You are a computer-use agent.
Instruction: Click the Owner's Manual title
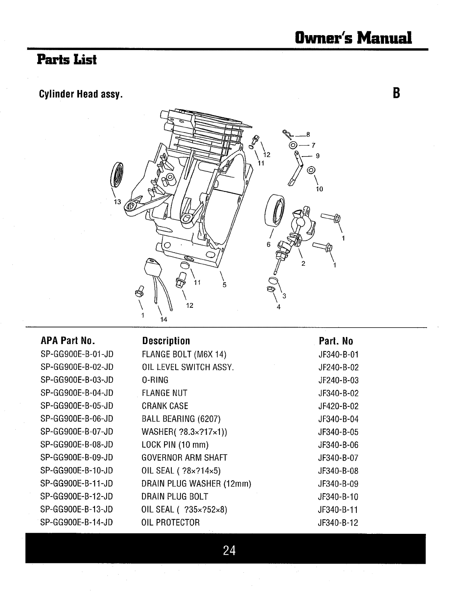click(x=353, y=37)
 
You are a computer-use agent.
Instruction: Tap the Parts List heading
click(x=67, y=60)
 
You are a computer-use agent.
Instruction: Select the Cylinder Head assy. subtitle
click(x=81, y=95)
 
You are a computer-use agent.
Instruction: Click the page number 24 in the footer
click(x=229, y=550)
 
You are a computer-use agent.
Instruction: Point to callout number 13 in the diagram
click(x=117, y=202)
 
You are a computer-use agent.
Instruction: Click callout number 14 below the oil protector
click(x=163, y=319)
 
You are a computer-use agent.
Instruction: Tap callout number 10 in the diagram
click(x=319, y=189)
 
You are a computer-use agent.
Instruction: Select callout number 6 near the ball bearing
click(x=268, y=244)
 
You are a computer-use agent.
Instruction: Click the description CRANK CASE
click(x=165, y=406)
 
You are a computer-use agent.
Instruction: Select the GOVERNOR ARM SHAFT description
click(x=184, y=458)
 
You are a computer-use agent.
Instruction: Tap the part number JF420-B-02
click(x=338, y=406)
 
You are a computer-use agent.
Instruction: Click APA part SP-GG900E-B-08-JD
click(x=77, y=445)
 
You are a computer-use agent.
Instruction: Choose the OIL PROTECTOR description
click(x=171, y=522)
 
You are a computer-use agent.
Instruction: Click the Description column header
click(x=166, y=341)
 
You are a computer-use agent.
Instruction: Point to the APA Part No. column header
click(x=68, y=341)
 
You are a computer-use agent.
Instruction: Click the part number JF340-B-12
click(x=338, y=523)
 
